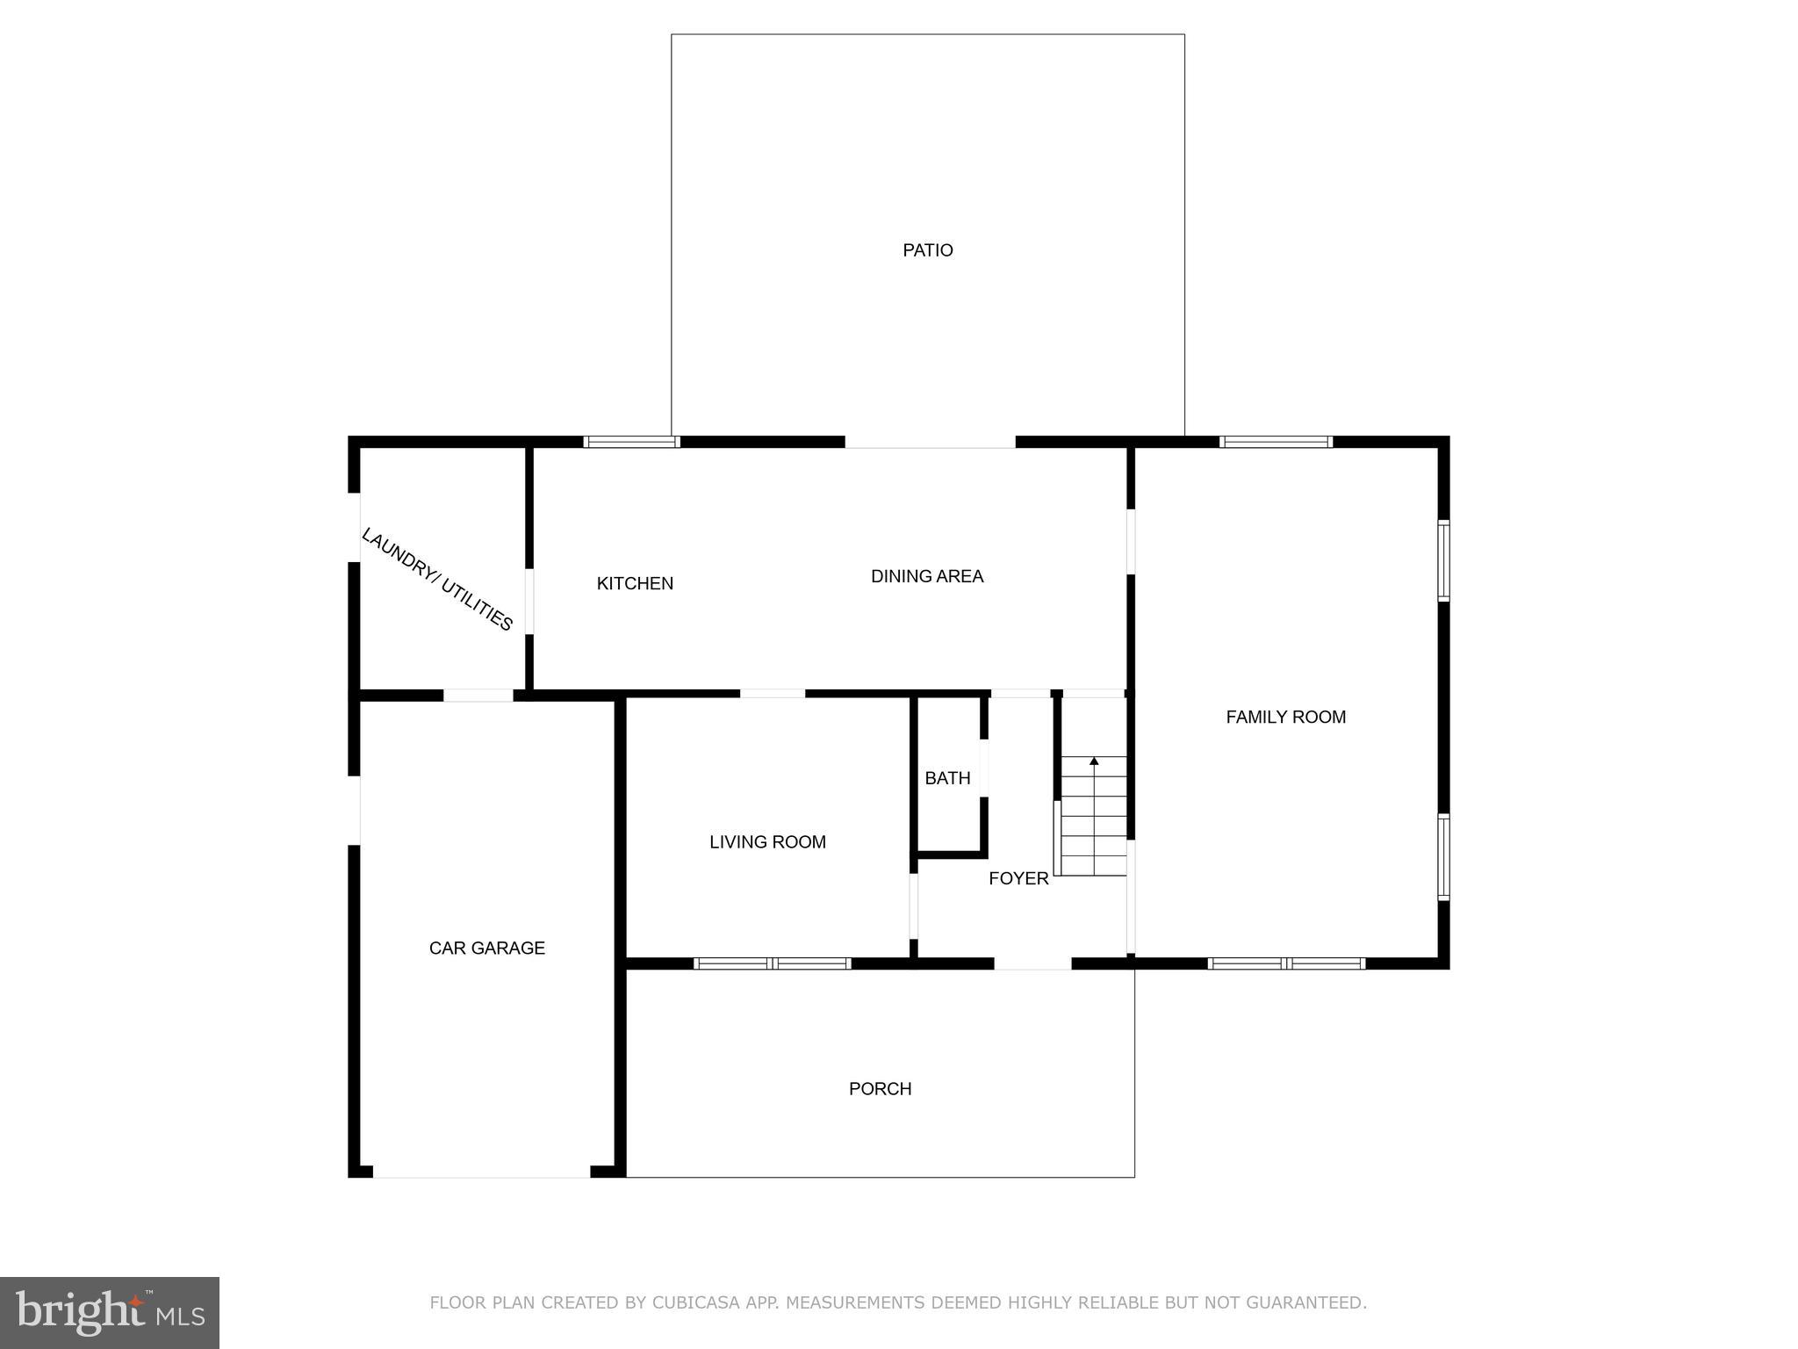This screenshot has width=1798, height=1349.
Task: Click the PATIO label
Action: click(x=927, y=250)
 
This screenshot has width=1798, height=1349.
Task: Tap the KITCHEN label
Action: click(x=635, y=583)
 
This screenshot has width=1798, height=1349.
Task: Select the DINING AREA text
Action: click(x=926, y=576)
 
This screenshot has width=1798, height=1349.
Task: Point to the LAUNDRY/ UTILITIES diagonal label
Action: click(x=437, y=579)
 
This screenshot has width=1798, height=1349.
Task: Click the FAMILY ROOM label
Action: click(x=1285, y=717)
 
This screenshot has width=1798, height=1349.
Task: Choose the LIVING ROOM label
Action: click(x=767, y=842)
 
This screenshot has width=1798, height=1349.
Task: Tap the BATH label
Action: click(x=947, y=778)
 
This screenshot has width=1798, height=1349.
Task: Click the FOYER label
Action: click(x=1018, y=878)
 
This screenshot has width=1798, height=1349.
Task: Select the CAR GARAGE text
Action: click(x=486, y=948)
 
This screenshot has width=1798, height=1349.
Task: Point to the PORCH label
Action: click(x=880, y=1089)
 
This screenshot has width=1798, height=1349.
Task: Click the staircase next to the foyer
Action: click(x=1093, y=817)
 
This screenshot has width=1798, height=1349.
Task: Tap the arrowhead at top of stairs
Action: click(x=1094, y=761)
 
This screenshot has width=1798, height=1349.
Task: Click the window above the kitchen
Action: click(x=631, y=442)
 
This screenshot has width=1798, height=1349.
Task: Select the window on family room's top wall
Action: click(x=1276, y=442)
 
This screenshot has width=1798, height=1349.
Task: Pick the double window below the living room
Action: click(x=772, y=963)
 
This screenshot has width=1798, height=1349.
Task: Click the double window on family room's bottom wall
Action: click(x=1286, y=963)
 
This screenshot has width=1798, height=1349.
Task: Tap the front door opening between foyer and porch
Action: click(x=1032, y=963)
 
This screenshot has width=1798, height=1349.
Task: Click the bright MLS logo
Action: click(x=110, y=1312)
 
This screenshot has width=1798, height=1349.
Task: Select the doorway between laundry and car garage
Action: click(x=478, y=696)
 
